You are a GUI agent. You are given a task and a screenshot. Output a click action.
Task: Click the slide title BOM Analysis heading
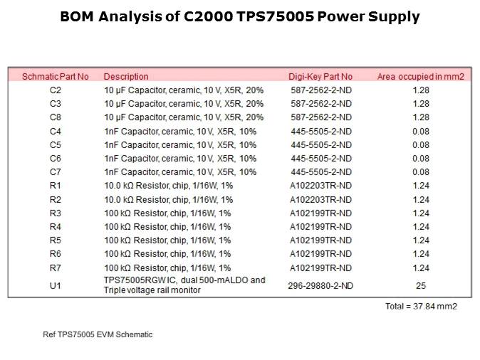240,16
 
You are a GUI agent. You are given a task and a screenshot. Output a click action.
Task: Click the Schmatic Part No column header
56,76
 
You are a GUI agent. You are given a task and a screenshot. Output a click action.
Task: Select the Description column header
126,76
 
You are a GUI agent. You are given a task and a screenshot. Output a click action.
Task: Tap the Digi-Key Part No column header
320,76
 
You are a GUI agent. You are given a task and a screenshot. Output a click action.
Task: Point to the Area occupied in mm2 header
420,76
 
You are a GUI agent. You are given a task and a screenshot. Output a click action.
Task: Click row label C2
56,90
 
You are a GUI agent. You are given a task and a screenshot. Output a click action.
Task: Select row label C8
56,117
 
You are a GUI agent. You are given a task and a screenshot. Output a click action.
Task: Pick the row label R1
56,186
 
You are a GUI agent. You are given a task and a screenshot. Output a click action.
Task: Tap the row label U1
56,285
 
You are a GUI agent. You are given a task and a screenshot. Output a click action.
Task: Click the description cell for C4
180,131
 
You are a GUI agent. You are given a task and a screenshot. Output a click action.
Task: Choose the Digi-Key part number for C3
320,104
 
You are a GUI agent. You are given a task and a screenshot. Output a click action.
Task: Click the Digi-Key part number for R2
320,199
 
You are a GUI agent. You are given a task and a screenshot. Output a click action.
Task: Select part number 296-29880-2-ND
320,285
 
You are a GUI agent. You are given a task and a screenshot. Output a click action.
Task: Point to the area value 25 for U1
420,285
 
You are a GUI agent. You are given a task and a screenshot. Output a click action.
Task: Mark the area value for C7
420,172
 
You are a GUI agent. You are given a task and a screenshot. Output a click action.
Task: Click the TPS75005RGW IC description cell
184,285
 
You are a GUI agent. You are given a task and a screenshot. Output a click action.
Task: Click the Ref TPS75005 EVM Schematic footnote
98,334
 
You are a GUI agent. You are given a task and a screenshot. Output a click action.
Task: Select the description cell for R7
168,268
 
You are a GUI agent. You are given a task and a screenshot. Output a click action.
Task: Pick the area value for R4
420,226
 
